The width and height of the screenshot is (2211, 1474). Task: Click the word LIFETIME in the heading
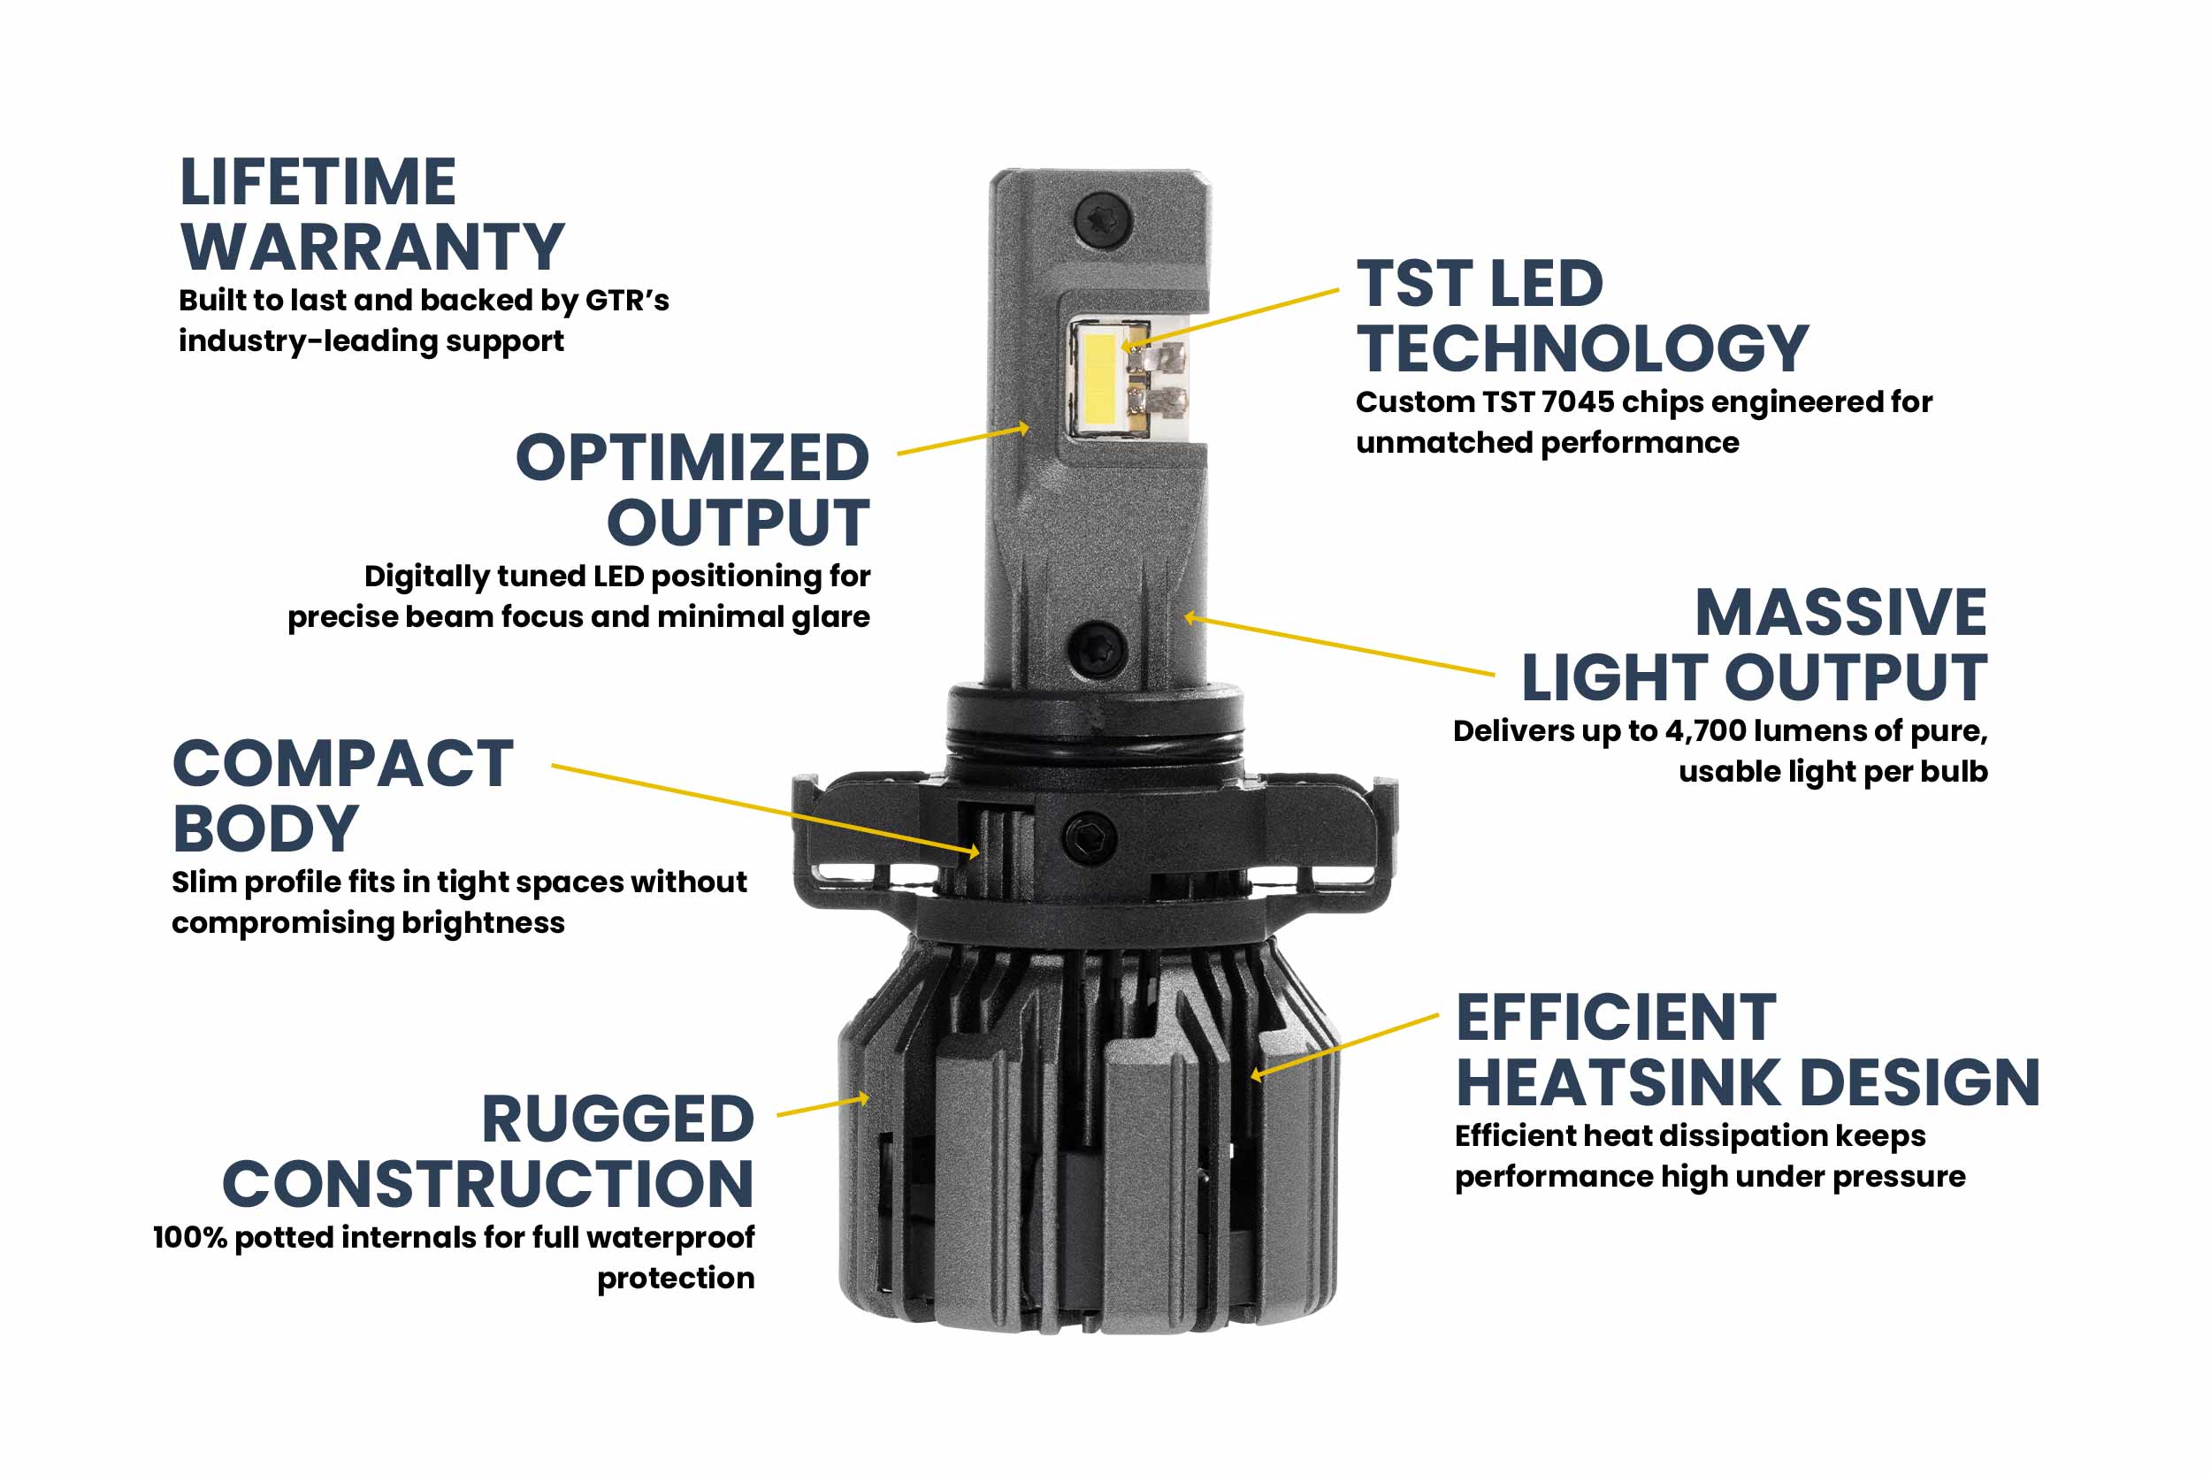(317, 182)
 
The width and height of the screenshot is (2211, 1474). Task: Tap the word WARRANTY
(372, 248)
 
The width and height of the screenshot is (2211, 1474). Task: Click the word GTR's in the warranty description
(627, 300)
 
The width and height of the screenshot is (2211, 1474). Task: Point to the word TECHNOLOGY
(1582, 348)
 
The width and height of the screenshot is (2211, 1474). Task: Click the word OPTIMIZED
(692, 459)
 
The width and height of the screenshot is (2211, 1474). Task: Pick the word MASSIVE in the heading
(1840, 613)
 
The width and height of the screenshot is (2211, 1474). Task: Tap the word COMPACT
(343, 764)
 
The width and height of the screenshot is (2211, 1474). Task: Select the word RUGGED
(617, 1119)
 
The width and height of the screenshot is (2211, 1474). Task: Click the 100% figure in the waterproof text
(191, 1237)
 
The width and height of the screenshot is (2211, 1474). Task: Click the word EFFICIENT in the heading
(1616, 1018)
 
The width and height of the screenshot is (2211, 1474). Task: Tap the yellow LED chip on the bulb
(1100, 376)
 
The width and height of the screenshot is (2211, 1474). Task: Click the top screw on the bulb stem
(1103, 221)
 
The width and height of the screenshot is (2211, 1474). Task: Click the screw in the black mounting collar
(1090, 836)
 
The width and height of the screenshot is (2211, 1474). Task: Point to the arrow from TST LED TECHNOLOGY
(1231, 319)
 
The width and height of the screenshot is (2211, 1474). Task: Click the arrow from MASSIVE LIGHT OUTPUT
(1335, 645)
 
